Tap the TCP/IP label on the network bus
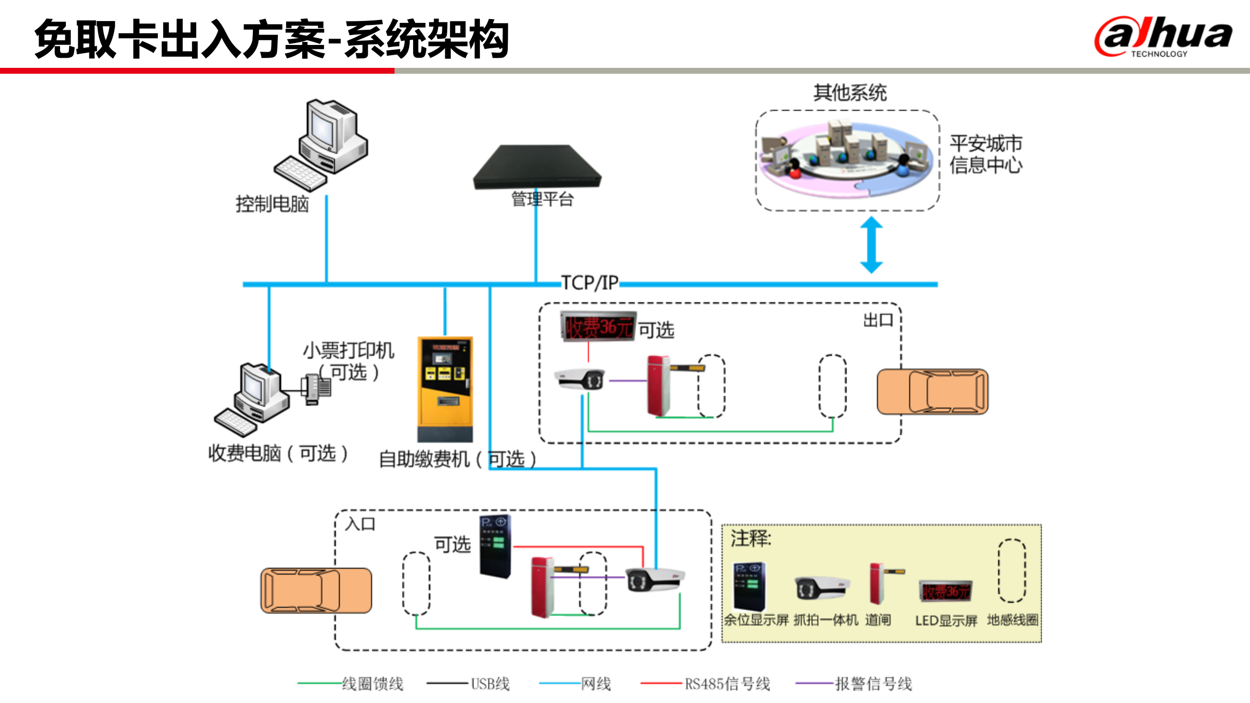[x=589, y=283]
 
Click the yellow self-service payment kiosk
[x=445, y=389]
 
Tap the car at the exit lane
[x=932, y=392]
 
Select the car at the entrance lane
[x=316, y=590]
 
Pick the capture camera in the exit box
[x=580, y=379]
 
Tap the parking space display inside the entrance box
[x=495, y=546]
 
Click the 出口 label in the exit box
[x=878, y=321]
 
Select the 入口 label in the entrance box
[x=360, y=524]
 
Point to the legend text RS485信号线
[x=727, y=684]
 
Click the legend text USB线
[x=490, y=684]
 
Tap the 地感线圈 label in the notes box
[x=1012, y=620]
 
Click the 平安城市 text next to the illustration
[x=985, y=144]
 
